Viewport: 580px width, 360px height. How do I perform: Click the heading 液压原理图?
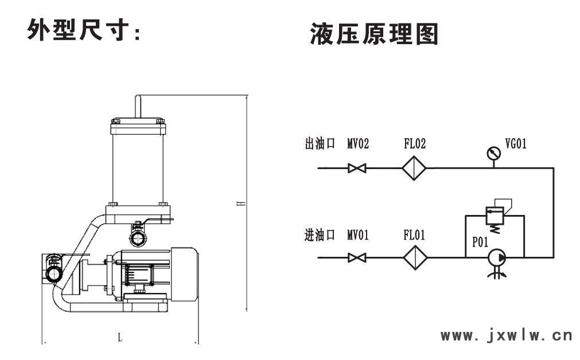click(x=374, y=34)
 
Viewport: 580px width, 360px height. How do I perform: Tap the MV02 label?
click(x=358, y=144)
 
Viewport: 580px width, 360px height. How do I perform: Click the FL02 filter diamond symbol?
click(x=415, y=169)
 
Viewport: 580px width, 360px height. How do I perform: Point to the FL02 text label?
click(x=415, y=144)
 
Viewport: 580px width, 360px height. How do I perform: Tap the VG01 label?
click(x=515, y=144)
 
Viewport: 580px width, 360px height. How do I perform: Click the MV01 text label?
click(x=358, y=235)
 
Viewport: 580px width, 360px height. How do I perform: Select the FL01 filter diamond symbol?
click(x=415, y=258)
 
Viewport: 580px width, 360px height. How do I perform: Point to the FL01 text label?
click(x=415, y=235)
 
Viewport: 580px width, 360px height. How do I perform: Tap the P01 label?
click(x=480, y=242)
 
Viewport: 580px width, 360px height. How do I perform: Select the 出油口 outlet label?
click(x=319, y=144)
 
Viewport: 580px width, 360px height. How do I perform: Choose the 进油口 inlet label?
click(x=319, y=235)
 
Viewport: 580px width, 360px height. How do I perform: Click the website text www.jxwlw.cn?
click(x=507, y=334)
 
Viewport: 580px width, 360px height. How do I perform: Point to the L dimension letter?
click(x=120, y=338)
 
